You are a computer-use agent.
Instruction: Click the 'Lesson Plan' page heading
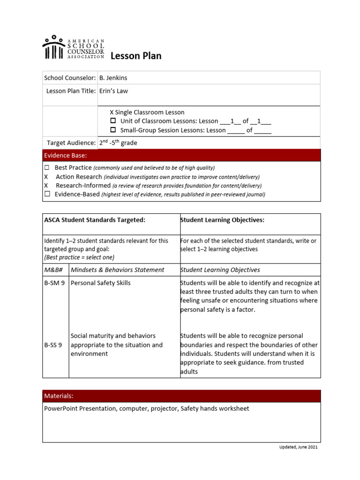tap(136, 56)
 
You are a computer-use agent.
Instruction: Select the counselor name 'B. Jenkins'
tap(113, 78)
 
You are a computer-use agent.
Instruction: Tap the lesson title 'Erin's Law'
tap(112, 91)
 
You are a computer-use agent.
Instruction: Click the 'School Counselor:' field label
tap(70, 78)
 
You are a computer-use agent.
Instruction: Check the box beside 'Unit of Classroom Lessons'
tap(112, 121)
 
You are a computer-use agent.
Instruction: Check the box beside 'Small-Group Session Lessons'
tap(112, 130)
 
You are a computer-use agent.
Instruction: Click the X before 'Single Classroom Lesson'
tap(112, 112)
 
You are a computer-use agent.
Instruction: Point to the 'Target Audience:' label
tap(71, 142)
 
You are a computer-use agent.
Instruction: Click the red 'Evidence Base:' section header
tap(181, 155)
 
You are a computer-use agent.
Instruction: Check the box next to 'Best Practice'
tap(47, 167)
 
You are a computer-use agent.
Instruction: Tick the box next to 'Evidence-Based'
tap(47, 194)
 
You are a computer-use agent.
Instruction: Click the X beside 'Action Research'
tap(46, 177)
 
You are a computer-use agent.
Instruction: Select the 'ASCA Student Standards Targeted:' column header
tap(95, 220)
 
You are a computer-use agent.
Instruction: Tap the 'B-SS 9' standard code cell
tap(53, 345)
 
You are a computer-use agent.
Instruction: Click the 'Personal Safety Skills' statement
tap(100, 283)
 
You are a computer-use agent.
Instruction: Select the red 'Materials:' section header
tap(181, 396)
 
